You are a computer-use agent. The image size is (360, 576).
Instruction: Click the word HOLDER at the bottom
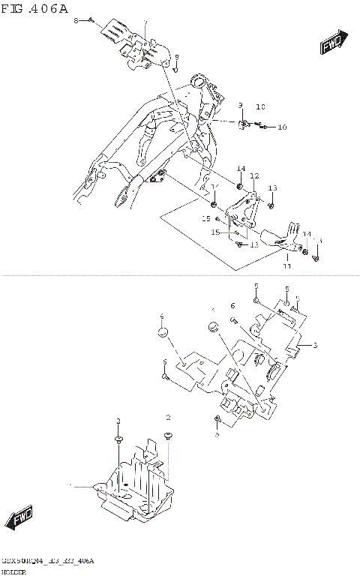(14, 571)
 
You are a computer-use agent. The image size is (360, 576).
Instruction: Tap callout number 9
(241, 105)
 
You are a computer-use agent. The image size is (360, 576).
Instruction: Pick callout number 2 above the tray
(169, 417)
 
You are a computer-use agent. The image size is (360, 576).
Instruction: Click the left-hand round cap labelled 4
(161, 331)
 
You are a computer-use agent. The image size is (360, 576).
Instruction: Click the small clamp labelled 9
(244, 124)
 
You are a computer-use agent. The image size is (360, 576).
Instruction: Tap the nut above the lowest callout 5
(217, 418)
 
